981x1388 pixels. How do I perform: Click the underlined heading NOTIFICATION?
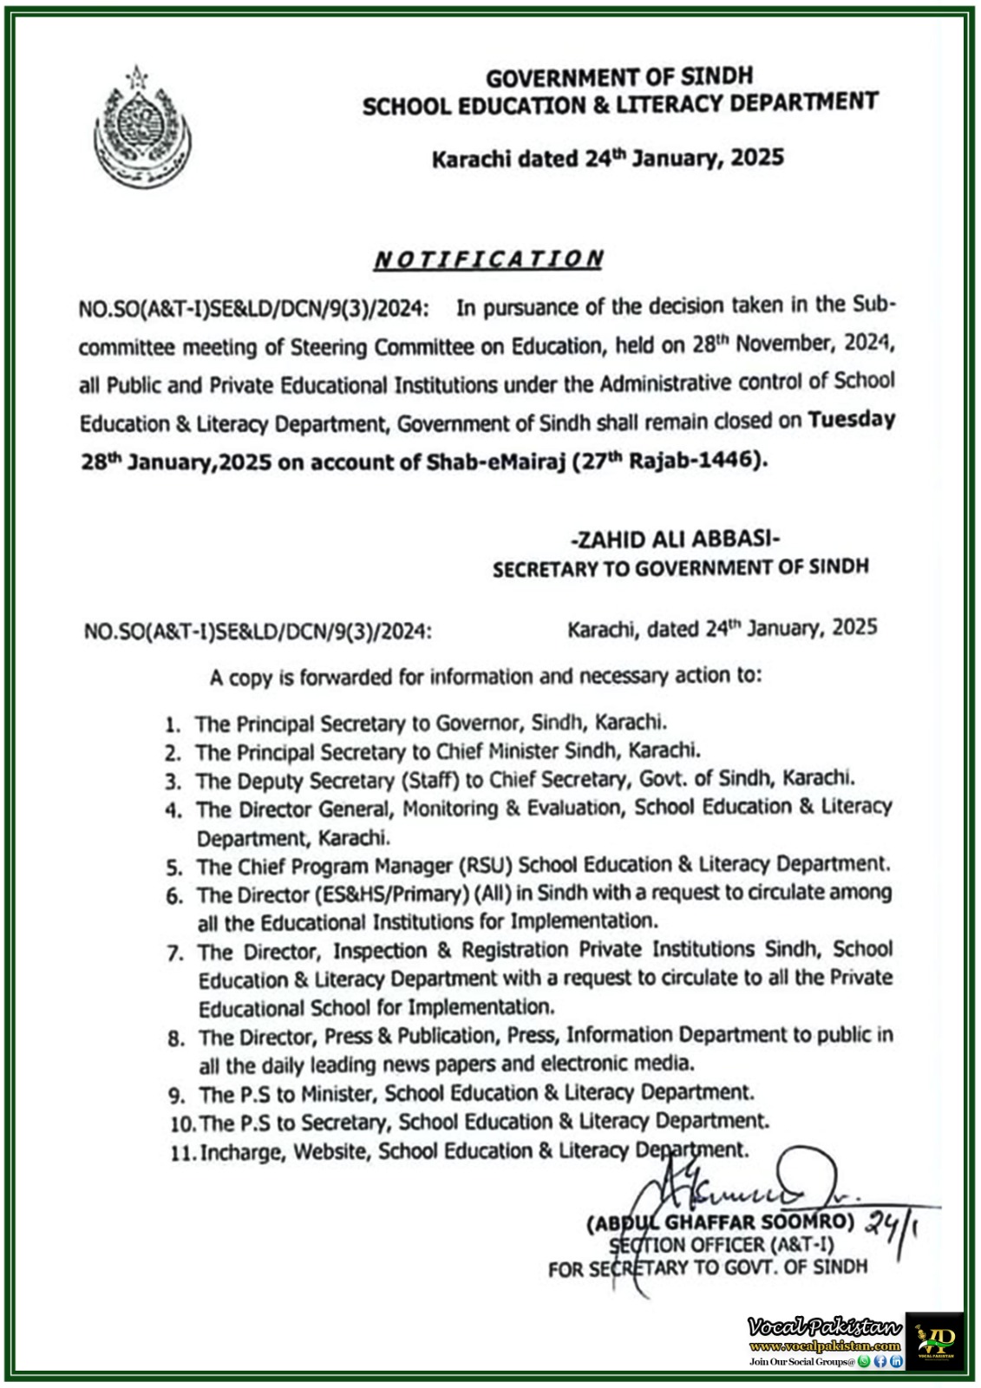488,259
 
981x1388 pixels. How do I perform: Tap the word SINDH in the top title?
716,76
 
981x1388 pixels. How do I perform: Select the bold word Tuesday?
851,420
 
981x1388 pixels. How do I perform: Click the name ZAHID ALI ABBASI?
676,540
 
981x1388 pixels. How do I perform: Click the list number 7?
174,953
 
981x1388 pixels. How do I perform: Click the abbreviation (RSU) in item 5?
487,866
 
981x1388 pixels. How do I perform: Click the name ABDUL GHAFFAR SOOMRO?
721,1222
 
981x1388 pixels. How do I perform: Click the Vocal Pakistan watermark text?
824,1326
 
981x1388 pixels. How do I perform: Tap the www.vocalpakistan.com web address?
824,1346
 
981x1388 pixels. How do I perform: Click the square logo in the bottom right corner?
934,1341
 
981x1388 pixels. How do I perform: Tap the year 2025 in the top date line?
757,158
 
